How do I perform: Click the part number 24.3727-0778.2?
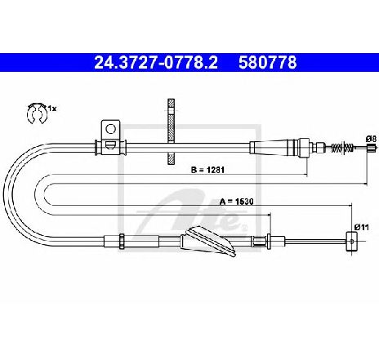point(156,62)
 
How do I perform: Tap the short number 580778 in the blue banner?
point(268,62)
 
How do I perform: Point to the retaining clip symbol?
point(37,113)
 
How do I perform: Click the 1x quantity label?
point(52,109)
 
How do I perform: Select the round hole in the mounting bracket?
point(110,129)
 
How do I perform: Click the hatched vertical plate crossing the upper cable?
point(171,131)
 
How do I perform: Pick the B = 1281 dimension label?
point(207,170)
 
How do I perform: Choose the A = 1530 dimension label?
point(236,202)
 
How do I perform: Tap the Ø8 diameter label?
point(371,139)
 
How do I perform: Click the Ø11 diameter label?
point(362,227)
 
